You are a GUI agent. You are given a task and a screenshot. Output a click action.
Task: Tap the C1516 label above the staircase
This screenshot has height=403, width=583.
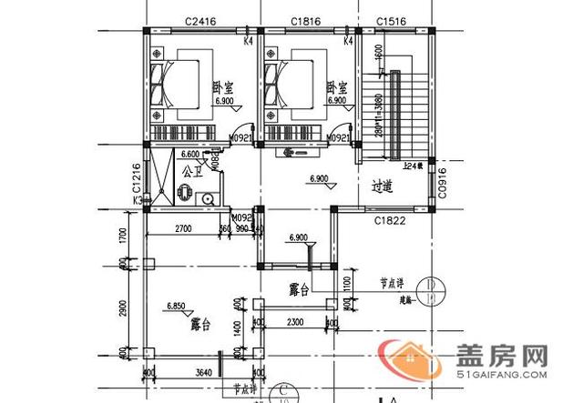pyautogui.click(x=393, y=18)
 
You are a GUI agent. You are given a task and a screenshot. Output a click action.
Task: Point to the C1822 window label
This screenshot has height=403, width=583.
pyautogui.click(x=390, y=219)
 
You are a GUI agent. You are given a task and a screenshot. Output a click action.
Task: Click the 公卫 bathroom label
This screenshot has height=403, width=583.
pyautogui.click(x=191, y=170)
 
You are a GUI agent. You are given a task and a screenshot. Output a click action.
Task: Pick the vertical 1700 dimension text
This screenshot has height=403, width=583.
pyautogui.click(x=123, y=238)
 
